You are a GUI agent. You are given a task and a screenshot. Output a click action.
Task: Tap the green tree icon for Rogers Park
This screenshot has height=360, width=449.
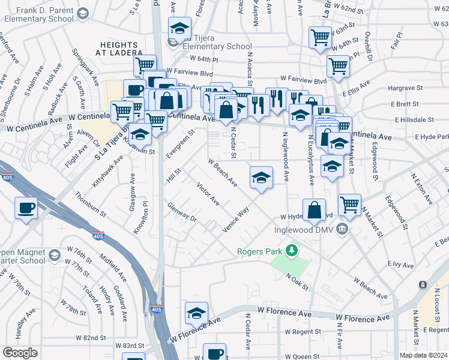[x=292, y=250]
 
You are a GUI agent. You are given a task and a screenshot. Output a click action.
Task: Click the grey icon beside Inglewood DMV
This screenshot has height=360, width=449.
[x=342, y=228]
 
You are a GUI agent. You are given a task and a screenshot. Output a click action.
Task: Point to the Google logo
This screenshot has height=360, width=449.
[x=20, y=353]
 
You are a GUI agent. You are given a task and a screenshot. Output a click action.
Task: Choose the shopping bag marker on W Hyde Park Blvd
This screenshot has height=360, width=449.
[x=314, y=211]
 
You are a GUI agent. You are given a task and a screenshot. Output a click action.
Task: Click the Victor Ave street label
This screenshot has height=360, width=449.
[x=208, y=194]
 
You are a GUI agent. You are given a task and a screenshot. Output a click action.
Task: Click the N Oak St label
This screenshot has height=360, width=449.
[x=298, y=281]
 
